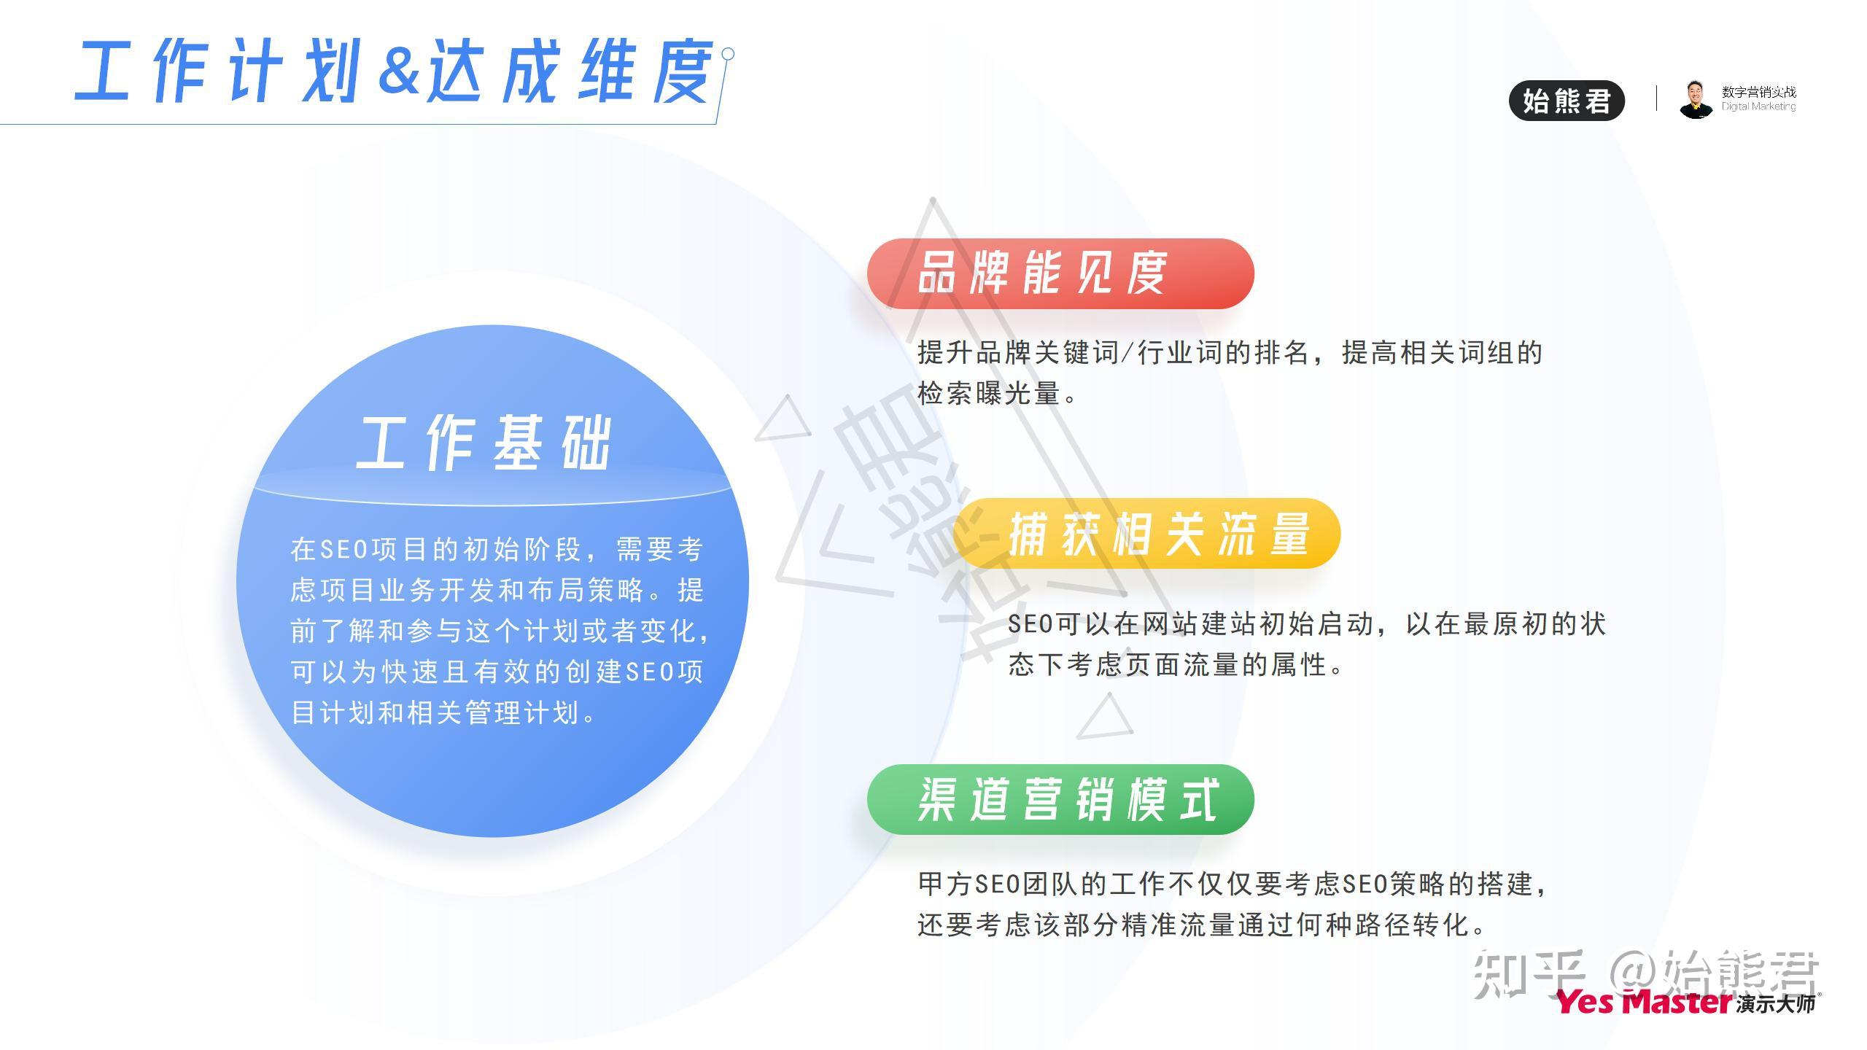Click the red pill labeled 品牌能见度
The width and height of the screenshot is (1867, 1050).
coord(1060,273)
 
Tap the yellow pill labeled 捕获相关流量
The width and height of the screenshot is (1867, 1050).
coord(1146,533)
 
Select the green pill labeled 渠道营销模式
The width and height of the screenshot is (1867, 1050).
coord(1060,799)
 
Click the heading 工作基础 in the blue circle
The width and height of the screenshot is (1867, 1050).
coord(484,443)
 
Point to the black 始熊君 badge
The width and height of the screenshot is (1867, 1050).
coord(1567,101)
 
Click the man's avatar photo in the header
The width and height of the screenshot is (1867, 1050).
coord(1696,99)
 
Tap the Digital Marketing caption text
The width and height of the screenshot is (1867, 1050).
coord(1758,106)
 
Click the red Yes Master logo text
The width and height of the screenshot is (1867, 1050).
coord(1644,1002)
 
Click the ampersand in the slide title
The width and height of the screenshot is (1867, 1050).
coord(400,71)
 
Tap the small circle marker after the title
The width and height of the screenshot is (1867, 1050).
coord(727,54)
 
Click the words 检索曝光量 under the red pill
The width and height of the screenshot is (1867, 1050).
coord(988,394)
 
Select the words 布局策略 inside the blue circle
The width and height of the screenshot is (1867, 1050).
coord(586,590)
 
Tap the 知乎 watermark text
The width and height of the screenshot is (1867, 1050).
coord(1529,973)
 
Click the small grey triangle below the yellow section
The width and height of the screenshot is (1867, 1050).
coord(1106,716)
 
